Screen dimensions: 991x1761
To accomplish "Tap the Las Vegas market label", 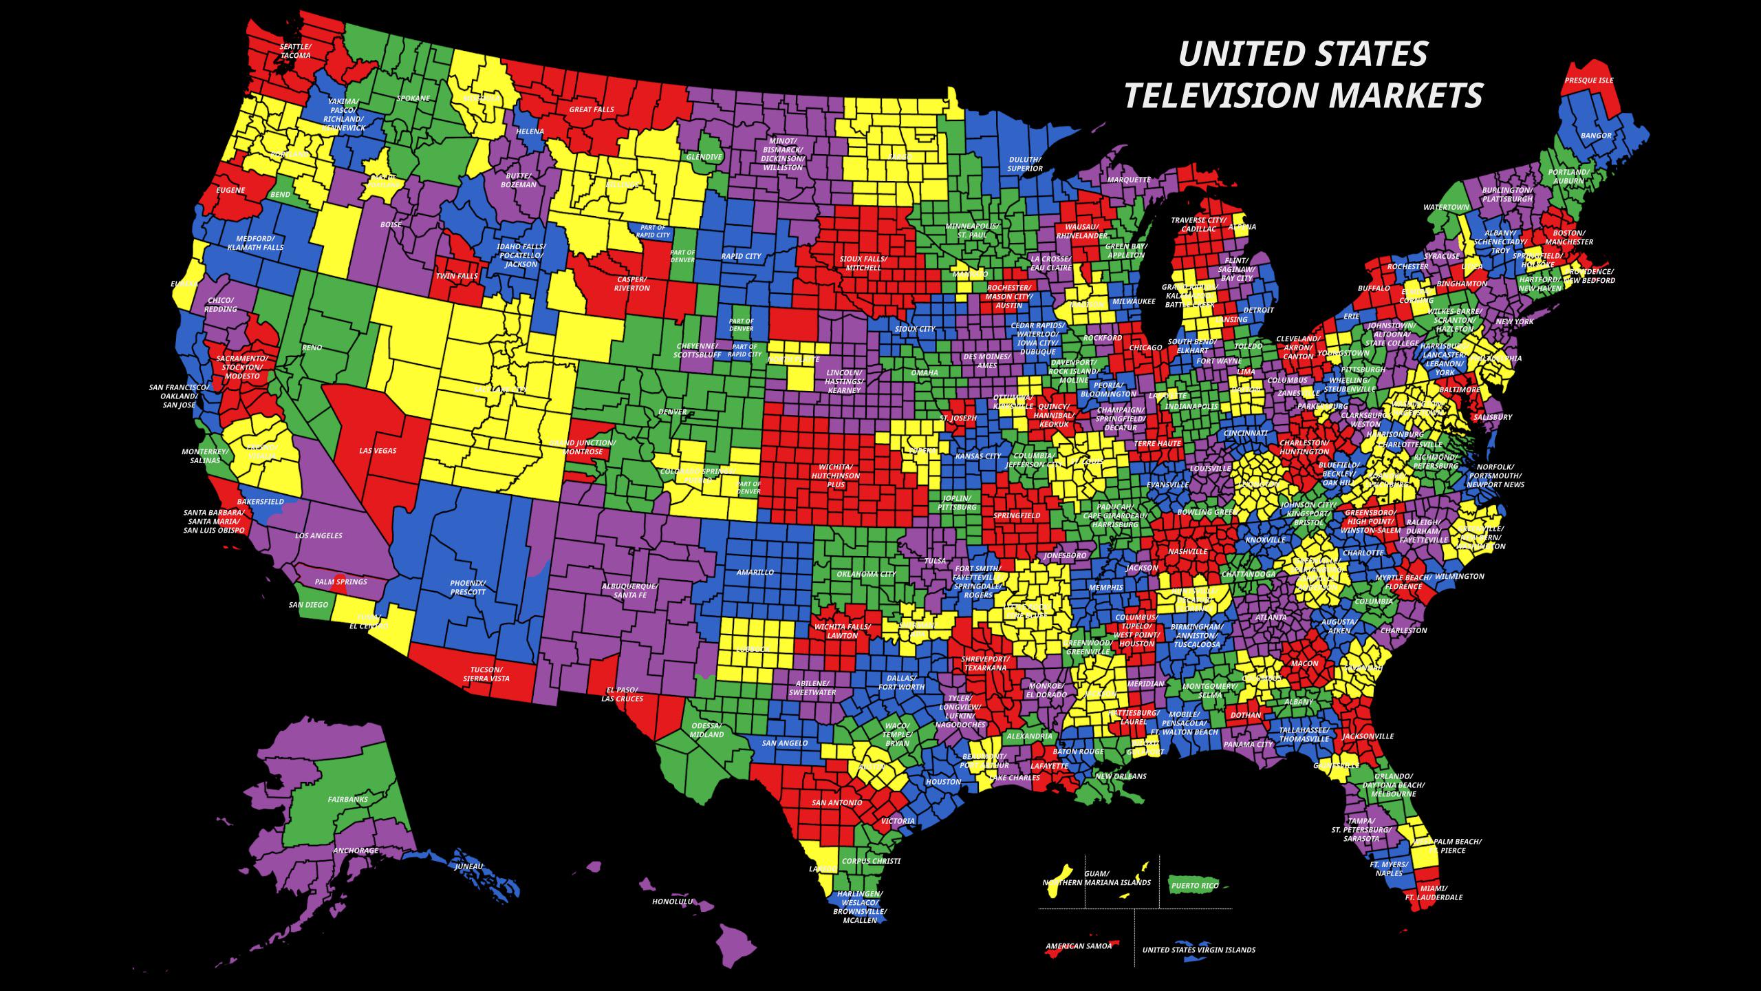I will pyautogui.click(x=378, y=451).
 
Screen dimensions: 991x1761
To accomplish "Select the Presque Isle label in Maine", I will pyautogui.click(x=1588, y=81).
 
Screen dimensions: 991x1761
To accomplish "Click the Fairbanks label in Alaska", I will pyautogui.click(x=347, y=800).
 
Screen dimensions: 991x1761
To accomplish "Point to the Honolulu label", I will pyautogui.click(x=673, y=901).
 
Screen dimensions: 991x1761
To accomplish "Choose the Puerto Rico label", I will pyautogui.click(x=1195, y=886).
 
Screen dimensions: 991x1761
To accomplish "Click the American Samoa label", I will pyautogui.click(x=1078, y=946).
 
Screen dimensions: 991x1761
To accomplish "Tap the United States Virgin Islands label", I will pyautogui.click(x=1198, y=950).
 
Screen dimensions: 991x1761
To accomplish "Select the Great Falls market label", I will pyautogui.click(x=591, y=109).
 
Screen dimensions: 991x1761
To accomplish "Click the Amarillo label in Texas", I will pyautogui.click(x=755, y=572).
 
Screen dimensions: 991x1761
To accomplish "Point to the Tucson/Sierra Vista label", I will pyautogui.click(x=486, y=674).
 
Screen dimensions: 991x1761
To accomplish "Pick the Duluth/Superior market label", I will pyautogui.click(x=1025, y=164).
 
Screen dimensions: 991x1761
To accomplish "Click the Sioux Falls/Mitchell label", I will pyautogui.click(x=863, y=263).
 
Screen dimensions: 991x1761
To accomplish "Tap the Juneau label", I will pyautogui.click(x=469, y=866).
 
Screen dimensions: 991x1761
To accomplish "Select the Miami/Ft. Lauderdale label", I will pyautogui.click(x=1434, y=893).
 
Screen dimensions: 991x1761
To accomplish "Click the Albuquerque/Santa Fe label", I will pyautogui.click(x=629, y=590).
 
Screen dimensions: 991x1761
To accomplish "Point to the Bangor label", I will pyautogui.click(x=1596, y=136).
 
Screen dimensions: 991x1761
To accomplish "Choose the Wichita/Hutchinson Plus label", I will pyautogui.click(x=836, y=476).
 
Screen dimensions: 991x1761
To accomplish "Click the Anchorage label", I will pyautogui.click(x=356, y=851).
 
